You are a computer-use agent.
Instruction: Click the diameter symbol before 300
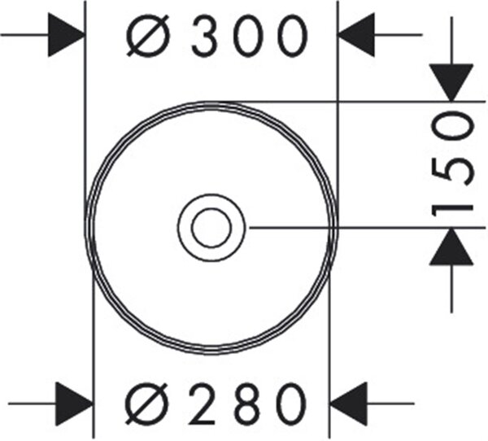coord(148,36)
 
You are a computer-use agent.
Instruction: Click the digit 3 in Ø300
coord(204,36)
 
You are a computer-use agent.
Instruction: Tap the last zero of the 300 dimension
coord(293,36)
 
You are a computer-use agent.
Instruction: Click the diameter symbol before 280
coord(146,404)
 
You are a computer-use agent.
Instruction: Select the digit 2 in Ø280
coord(202,404)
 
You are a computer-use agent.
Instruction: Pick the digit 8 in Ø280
coord(248,404)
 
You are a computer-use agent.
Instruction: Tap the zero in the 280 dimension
coord(292,404)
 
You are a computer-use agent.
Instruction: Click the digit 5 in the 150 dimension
coord(452,171)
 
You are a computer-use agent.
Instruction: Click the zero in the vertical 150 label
coord(452,127)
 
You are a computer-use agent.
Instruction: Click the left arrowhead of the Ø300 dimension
coord(67,35)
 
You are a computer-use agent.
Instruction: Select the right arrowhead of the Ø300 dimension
coord(356,35)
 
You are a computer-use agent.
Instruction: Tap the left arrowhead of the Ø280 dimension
coord(74,404)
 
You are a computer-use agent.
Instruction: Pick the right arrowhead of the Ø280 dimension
coord(349,404)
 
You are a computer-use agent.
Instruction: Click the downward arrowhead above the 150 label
coord(451,82)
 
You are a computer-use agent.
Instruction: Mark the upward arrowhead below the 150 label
coord(451,247)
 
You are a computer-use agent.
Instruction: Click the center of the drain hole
coord(211,228)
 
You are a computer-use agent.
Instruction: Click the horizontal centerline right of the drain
coord(368,228)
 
